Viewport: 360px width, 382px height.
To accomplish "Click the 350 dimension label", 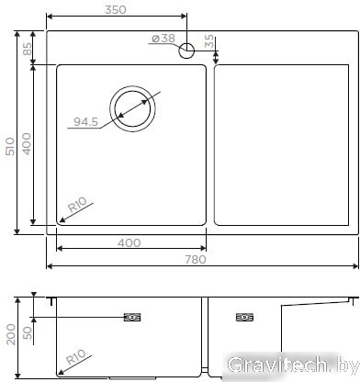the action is (116, 9).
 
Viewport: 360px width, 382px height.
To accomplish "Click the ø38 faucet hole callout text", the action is (163, 39).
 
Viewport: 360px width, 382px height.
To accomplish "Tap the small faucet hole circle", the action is (186, 51).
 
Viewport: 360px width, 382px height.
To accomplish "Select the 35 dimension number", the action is (209, 40).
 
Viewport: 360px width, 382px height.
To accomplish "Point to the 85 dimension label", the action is (28, 49).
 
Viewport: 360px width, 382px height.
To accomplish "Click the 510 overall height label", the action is (11, 146).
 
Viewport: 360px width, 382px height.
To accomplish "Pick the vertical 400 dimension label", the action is (27, 143).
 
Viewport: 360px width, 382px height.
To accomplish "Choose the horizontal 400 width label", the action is (129, 243).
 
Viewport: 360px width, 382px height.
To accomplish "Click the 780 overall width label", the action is (196, 260).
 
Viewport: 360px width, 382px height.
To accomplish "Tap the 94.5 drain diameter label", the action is (86, 122).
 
